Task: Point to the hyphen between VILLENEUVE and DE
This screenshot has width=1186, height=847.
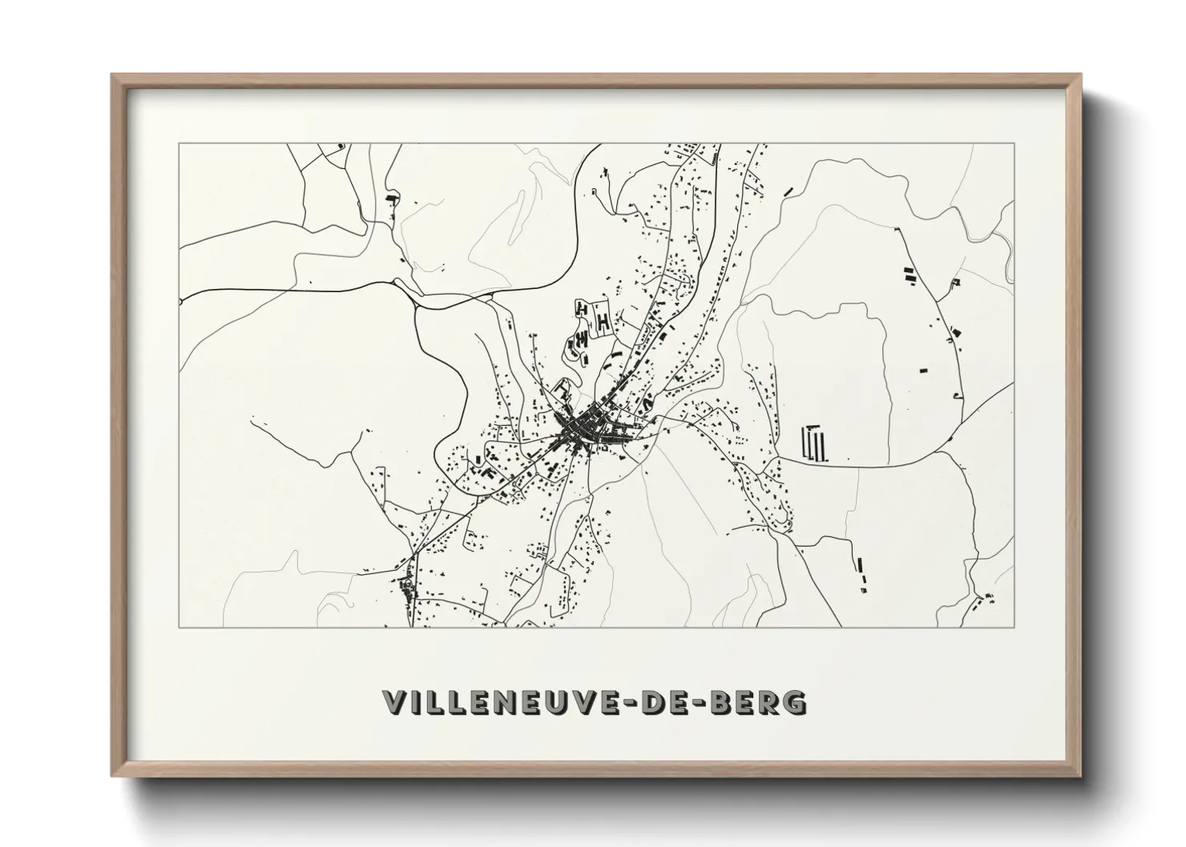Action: pyautogui.click(x=638, y=702)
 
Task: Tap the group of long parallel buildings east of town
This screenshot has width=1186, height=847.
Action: pyautogui.click(x=814, y=444)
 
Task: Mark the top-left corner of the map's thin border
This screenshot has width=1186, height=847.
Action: pyautogui.click(x=179, y=144)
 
